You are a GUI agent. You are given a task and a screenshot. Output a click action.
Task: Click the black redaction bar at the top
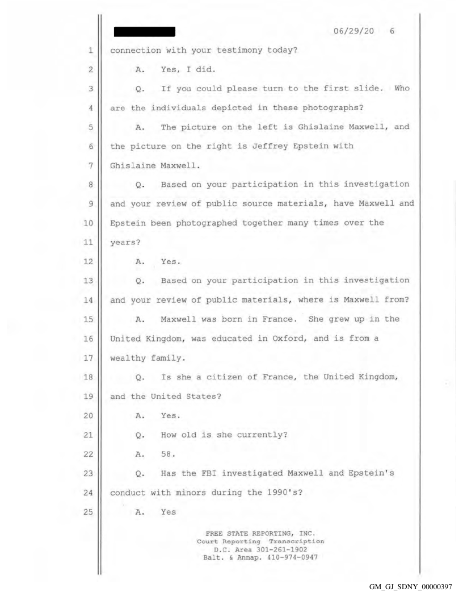(x=145, y=30)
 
